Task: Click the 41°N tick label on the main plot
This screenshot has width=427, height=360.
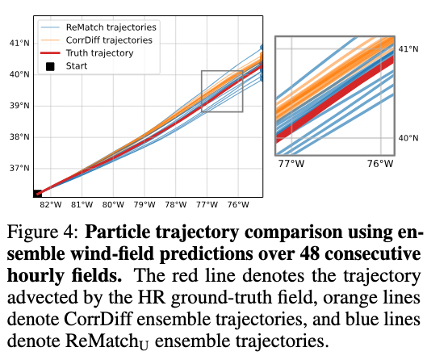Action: point(19,43)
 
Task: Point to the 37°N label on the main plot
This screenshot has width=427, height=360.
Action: point(19,168)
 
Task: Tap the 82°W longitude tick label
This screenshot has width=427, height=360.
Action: point(51,204)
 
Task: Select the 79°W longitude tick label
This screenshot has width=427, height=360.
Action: point(144,204)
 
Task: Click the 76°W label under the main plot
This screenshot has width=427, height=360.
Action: point(238,204)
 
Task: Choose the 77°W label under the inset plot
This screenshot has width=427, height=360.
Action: point(291,164)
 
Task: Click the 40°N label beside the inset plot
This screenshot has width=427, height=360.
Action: point(408,138)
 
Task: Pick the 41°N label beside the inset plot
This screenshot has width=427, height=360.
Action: point(408,49)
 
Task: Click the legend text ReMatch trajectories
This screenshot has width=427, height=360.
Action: point(111,27)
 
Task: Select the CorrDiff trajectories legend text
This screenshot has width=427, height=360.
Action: point(109,40)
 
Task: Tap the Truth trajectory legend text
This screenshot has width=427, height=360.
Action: point(99,53)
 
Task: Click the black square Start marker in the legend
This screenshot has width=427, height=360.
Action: point(50,66)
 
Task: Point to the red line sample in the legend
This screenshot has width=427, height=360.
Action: point(50,53)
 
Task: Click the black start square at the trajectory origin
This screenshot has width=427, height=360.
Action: point(37,194)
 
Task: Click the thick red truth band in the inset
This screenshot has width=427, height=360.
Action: point(335,100)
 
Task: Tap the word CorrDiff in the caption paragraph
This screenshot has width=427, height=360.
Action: point(98,319)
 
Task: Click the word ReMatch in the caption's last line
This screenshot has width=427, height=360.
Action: point(107,341)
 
